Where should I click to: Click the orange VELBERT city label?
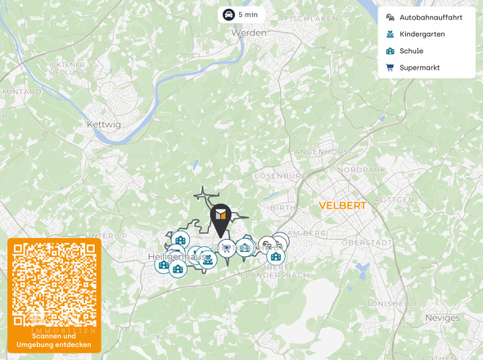click(x=342, y=205)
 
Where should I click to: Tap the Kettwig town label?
click(x=103, y=124)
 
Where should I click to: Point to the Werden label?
click(x=249, y=34)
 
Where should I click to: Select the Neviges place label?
click(x=443, y=317)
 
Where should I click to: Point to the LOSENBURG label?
click(x=280, y=176)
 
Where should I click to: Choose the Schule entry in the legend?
click(x=411, y=51)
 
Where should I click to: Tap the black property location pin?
click(x=220, y=218)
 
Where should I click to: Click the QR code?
click(x=54, y=284)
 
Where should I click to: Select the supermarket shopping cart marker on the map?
click(x=227, y=248)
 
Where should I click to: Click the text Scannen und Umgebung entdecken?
click(x=54, y=340)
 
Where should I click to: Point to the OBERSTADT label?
click(x=364, y=243)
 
